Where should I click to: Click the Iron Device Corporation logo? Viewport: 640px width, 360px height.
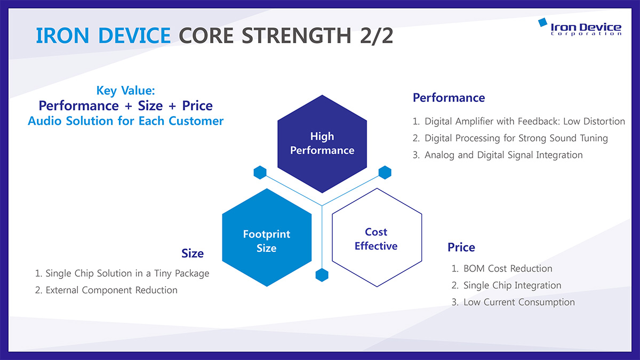tap(580, 27)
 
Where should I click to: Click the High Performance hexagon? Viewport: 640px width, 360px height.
tap(322, 143)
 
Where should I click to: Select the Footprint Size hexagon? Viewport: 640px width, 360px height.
tap(267, 237)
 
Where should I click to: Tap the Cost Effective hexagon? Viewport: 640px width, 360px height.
tap(377, 237)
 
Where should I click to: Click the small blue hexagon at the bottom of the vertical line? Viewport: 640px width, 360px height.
tap(322, 275)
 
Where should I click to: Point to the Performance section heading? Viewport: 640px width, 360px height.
tap(449, 98)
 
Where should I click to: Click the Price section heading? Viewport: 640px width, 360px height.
tap(461, 247)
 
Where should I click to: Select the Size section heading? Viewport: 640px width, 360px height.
tap(193, 253)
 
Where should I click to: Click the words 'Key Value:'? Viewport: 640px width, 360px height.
tap(126, 91)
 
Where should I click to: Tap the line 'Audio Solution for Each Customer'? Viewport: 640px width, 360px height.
tap(125, 121)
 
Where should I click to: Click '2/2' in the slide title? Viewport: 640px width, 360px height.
tap(377, 36)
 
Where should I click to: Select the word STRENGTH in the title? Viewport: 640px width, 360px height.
tap(297, 36)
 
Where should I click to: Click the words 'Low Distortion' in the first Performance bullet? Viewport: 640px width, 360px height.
tap(594, 122)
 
